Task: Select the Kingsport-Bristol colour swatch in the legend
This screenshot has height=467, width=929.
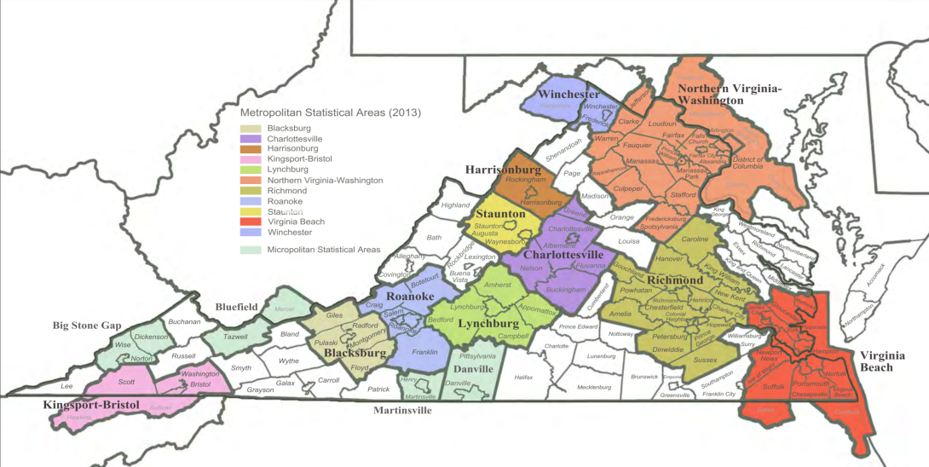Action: (250, 159)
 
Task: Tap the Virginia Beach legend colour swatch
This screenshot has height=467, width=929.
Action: (250, 222)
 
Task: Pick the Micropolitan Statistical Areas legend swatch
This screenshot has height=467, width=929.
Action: (250, 250)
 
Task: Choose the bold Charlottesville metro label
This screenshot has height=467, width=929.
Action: (563, 255)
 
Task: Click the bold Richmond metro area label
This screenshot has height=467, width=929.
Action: (674, 280)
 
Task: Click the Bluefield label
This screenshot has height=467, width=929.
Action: (236, 305)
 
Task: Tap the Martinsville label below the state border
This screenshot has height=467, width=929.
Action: (402, 410)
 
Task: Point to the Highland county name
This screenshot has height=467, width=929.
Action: (455, 205)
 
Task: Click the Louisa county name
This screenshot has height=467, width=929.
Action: (628, 241)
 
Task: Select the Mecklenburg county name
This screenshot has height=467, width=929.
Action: (594, 388)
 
